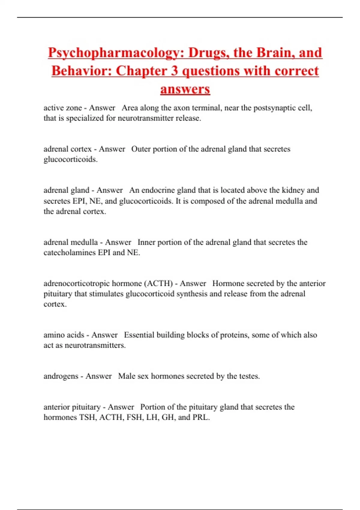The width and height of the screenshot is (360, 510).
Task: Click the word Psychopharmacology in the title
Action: coord(116,53)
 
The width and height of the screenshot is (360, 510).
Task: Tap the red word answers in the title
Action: coord(185,89)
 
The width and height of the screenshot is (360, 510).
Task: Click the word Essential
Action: coord(139,335)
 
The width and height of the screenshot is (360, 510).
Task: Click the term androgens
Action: coord(61,376)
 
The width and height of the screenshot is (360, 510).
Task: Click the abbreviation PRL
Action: coord(201,417)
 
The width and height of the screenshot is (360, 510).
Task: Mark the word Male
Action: coord(126,376)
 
